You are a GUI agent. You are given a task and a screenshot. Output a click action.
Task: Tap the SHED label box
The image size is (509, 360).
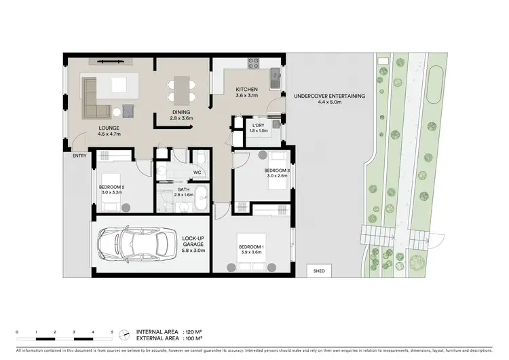(319, 271)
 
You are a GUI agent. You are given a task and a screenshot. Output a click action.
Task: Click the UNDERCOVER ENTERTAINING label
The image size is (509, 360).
(329, 96)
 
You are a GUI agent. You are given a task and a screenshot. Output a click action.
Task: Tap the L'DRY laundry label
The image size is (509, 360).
(258, 125)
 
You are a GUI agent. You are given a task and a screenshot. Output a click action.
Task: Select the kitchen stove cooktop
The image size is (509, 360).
(254, 65)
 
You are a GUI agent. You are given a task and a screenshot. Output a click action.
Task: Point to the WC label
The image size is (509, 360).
(197, 173)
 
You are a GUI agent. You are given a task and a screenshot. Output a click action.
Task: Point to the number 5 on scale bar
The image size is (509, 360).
(112, 331)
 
